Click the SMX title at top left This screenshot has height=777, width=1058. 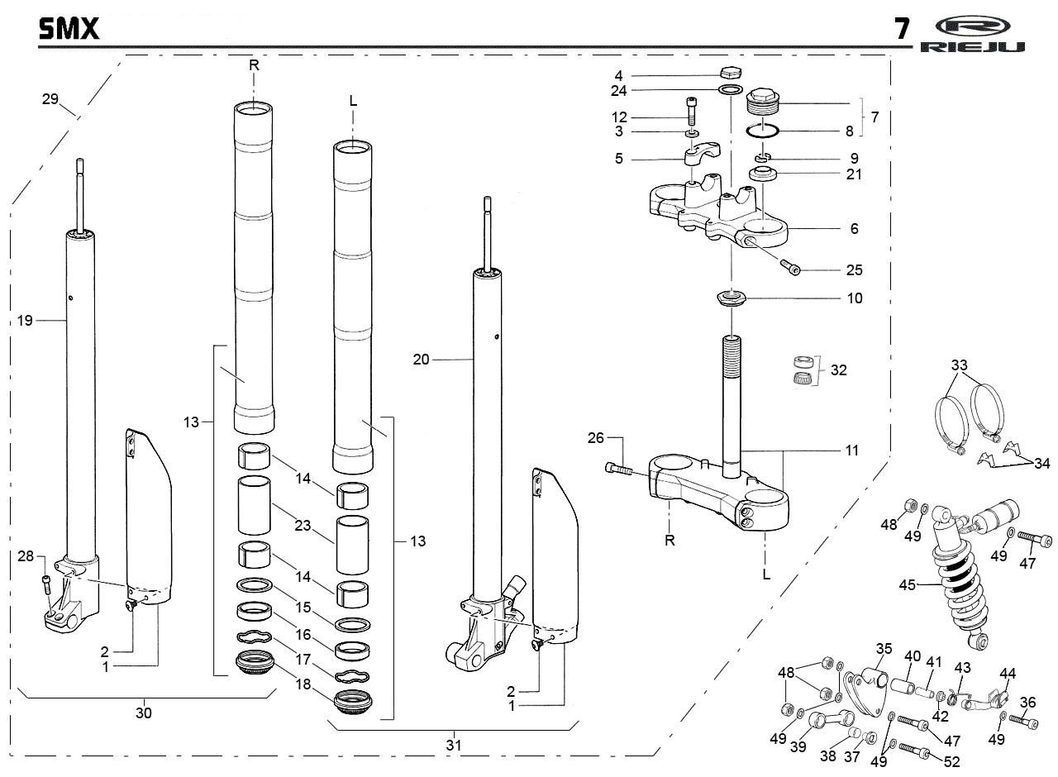click(x=69, y=30)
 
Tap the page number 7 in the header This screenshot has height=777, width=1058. click(x=902, y=30)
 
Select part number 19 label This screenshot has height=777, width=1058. click(x=26, y=320)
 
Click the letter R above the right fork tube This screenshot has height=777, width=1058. click(x=253, y=64)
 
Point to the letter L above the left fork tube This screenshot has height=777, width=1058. click(x=353, y=101)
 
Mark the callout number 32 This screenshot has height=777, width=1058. click(x=838, y=369)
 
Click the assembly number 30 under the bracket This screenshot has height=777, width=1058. click(x=144, y=713)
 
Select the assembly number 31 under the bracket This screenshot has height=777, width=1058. click(x=453, y=745)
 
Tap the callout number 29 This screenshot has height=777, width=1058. click(x=50, y=99)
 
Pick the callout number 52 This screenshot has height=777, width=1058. click(x=951, y=761)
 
